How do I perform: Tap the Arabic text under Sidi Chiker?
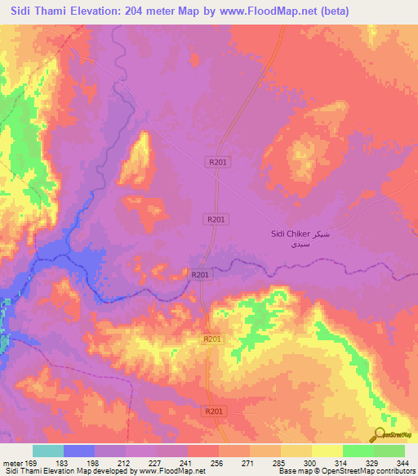click(289, 244)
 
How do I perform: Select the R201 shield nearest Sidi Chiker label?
click(216, 219)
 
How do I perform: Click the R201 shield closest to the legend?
click(214, 411)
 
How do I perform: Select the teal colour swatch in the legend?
click(48, 451)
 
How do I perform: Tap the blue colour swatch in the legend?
click(79, 451)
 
